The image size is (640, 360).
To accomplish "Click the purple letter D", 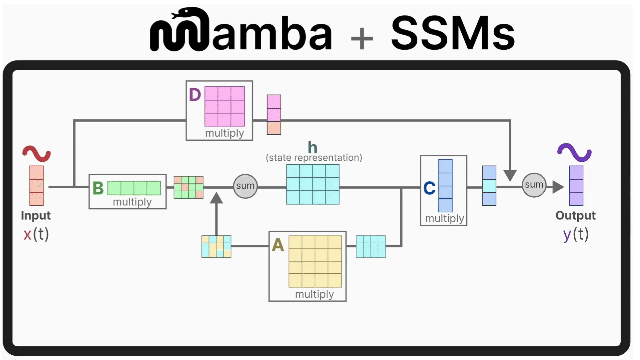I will point(195,95).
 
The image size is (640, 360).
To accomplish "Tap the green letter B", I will point(98,188).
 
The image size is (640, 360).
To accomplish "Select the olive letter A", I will point(278,246).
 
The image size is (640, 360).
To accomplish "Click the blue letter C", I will point(429,188).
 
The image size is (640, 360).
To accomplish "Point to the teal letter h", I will point(312,147).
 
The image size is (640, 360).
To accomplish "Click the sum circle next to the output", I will point(534,185).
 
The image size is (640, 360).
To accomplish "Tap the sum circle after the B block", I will point(245,186).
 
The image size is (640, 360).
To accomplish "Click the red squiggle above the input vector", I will point(36,153).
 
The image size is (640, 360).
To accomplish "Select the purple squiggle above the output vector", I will point(574,152).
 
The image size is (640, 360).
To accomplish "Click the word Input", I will point(36,216).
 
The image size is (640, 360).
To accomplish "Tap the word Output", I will point(575,216).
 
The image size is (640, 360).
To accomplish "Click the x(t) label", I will point(36,234).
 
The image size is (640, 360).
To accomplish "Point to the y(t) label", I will point(576,234).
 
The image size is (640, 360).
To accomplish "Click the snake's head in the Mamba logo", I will point(180,14).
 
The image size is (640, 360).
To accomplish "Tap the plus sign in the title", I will point(362,38).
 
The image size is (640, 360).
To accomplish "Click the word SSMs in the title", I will point(453,33).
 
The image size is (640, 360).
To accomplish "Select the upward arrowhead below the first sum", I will point(216,198).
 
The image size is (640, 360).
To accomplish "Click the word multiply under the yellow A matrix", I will point(314,294).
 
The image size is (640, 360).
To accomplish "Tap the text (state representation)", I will point(314,158).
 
